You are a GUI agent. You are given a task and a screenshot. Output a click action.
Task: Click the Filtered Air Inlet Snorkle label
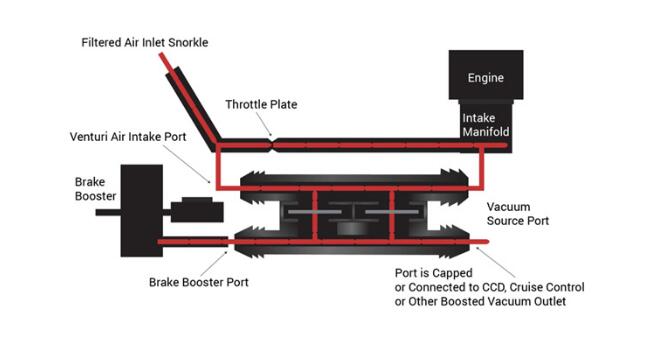coord(145,42)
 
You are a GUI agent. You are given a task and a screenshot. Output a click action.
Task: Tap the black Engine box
coord(486,75)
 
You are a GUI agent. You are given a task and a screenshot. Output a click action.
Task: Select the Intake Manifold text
coord(486,125)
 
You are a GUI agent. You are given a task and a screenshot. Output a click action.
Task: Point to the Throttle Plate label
coord(261,104)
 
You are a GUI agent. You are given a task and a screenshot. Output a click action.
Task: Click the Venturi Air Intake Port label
coord(128,137)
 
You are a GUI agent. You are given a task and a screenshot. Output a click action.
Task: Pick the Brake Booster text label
coord(95,189)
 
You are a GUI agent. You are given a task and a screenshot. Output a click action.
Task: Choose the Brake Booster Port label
coord(199,282)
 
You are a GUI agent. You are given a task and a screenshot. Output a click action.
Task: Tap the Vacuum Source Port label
coord(518,214)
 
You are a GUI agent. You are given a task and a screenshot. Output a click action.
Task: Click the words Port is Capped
coord(434,273)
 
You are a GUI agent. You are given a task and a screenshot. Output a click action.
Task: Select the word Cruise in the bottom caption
coord(526,287)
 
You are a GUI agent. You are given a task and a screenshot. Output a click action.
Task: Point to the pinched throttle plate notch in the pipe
coord(272,145)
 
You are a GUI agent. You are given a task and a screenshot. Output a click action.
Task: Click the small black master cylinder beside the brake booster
coord(197,210)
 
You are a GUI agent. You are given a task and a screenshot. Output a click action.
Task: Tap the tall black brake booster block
coord(142,210)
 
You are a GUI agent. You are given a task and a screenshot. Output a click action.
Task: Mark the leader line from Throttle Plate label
coord(264,124)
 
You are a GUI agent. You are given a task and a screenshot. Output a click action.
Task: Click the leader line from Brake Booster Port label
coord(213,262)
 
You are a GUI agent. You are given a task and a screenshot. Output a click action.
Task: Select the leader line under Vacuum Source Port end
coord(495,262)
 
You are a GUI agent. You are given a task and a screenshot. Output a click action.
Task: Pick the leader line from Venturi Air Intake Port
coord(189,164)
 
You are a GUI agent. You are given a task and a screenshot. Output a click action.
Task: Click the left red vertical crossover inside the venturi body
coord(315,215)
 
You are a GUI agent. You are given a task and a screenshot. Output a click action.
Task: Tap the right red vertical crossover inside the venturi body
coord(392,215)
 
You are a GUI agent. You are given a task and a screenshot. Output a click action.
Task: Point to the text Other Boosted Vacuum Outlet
coord(487,301)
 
